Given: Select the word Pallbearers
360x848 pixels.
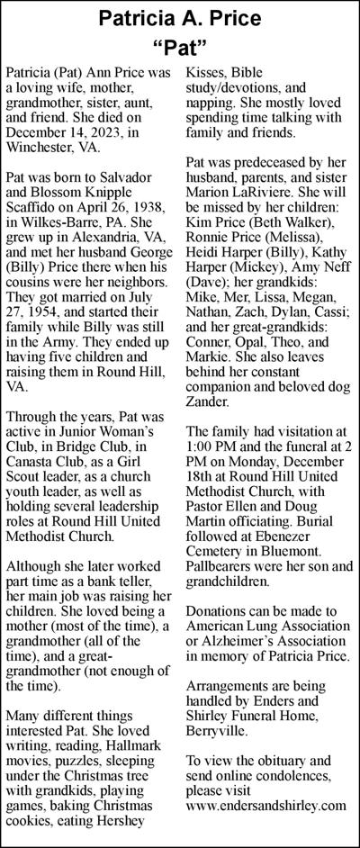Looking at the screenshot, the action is [225, 568].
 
